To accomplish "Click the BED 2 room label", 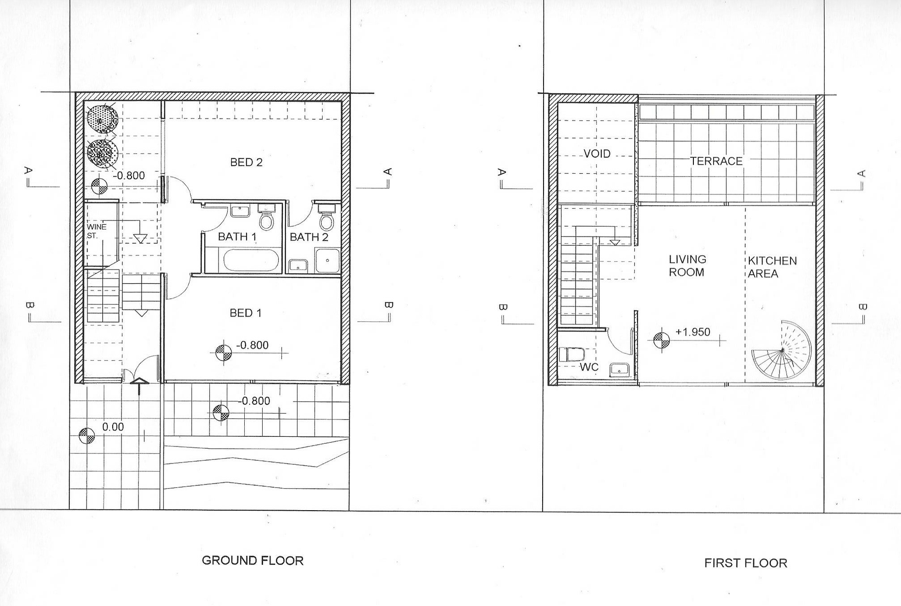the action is tap(246, 162).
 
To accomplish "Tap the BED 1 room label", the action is tap(245, 313).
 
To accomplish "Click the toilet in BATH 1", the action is tap(266, 217).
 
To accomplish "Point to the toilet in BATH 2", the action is tap(326, 217).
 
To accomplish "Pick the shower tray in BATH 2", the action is tap(328, 260).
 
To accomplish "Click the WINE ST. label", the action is tap(96, 231).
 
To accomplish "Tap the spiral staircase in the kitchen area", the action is tap(781, 351).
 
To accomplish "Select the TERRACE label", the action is tap(716, 161).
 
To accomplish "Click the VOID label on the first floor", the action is tap(597, 154).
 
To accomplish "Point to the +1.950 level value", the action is tap(692, 332).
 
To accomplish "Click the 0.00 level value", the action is tap(113, 427).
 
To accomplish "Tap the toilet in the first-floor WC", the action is tap(571, 354).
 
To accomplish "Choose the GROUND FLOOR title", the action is tap(253, 561).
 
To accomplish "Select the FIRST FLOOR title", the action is tap(746, 563).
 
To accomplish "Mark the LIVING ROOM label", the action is tap(687, 266).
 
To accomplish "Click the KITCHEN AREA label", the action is tap(772, 267).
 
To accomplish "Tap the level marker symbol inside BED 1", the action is tap(223, 353).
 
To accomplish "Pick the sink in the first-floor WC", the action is tap(619, 369).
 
